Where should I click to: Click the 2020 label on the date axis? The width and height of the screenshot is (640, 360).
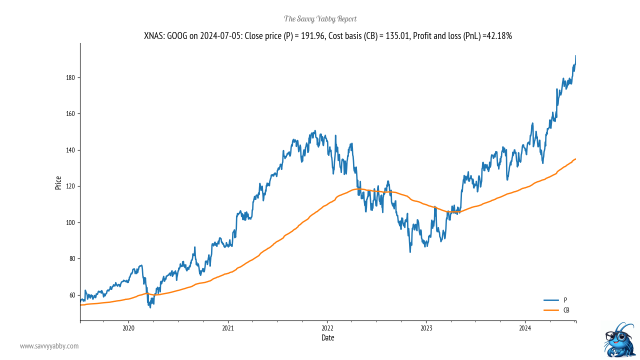128,328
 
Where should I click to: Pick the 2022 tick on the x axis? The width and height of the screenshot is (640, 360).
327,328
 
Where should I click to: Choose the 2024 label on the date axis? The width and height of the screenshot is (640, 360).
525,328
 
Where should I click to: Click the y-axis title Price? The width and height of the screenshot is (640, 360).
58,182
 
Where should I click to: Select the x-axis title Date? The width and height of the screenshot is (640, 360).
328,338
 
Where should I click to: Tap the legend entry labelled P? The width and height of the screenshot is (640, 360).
565,300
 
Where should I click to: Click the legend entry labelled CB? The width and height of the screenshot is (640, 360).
566,310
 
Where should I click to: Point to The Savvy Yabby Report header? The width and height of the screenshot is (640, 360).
320,19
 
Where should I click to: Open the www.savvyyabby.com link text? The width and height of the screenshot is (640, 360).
49,346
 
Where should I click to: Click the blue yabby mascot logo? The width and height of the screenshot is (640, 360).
619,340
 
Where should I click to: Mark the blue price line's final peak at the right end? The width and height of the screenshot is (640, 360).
575,56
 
